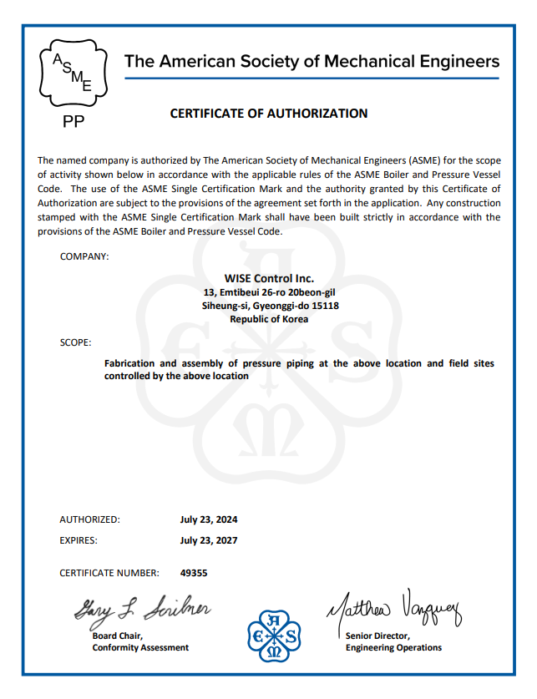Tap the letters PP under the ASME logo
click(74, 122)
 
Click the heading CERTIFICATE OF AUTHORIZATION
click(269, 114)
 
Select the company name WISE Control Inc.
click(269, 278)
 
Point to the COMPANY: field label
click(84, 256)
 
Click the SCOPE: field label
click(76, 342)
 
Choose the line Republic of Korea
click(269, 319)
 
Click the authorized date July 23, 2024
click(209, 519)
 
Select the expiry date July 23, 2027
click(209, 540)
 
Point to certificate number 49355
click(194, 573)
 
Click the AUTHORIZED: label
click(89, 519)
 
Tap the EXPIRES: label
click(79, 540)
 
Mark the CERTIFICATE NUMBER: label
click(109, 573)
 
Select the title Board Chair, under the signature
click(118, 636)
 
